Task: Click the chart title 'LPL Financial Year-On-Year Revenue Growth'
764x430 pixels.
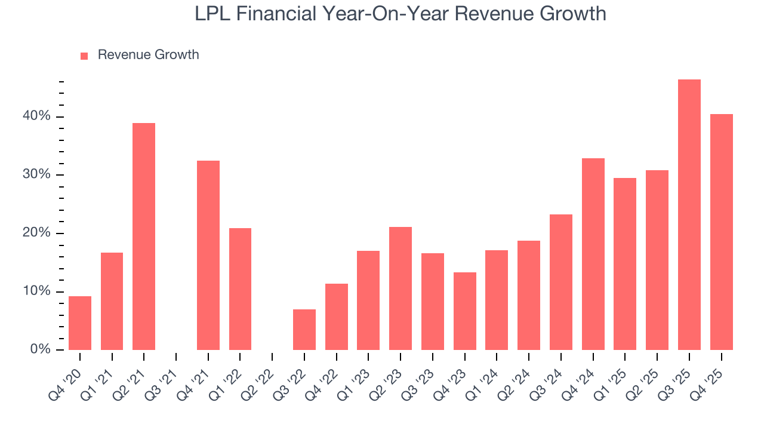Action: point(401,14)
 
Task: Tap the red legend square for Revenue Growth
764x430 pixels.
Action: point(84,56)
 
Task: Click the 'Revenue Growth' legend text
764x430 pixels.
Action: point(148,55)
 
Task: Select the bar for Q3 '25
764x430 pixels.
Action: point(689,215)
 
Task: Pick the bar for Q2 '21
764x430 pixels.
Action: point(144,236)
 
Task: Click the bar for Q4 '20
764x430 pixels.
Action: point(80,323)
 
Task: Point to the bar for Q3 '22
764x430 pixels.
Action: point(304,330)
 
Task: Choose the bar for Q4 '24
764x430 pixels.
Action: point(593,254)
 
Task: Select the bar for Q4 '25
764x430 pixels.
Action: point(721,232)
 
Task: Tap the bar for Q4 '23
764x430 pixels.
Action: point(464,311)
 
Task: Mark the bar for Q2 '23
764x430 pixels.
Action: point(401,288)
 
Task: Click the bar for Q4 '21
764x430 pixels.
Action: point(208,256)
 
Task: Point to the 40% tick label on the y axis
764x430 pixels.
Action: point(36,116)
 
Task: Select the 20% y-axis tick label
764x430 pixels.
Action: point(36,233)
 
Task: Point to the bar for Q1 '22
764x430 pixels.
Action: point(240,289)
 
